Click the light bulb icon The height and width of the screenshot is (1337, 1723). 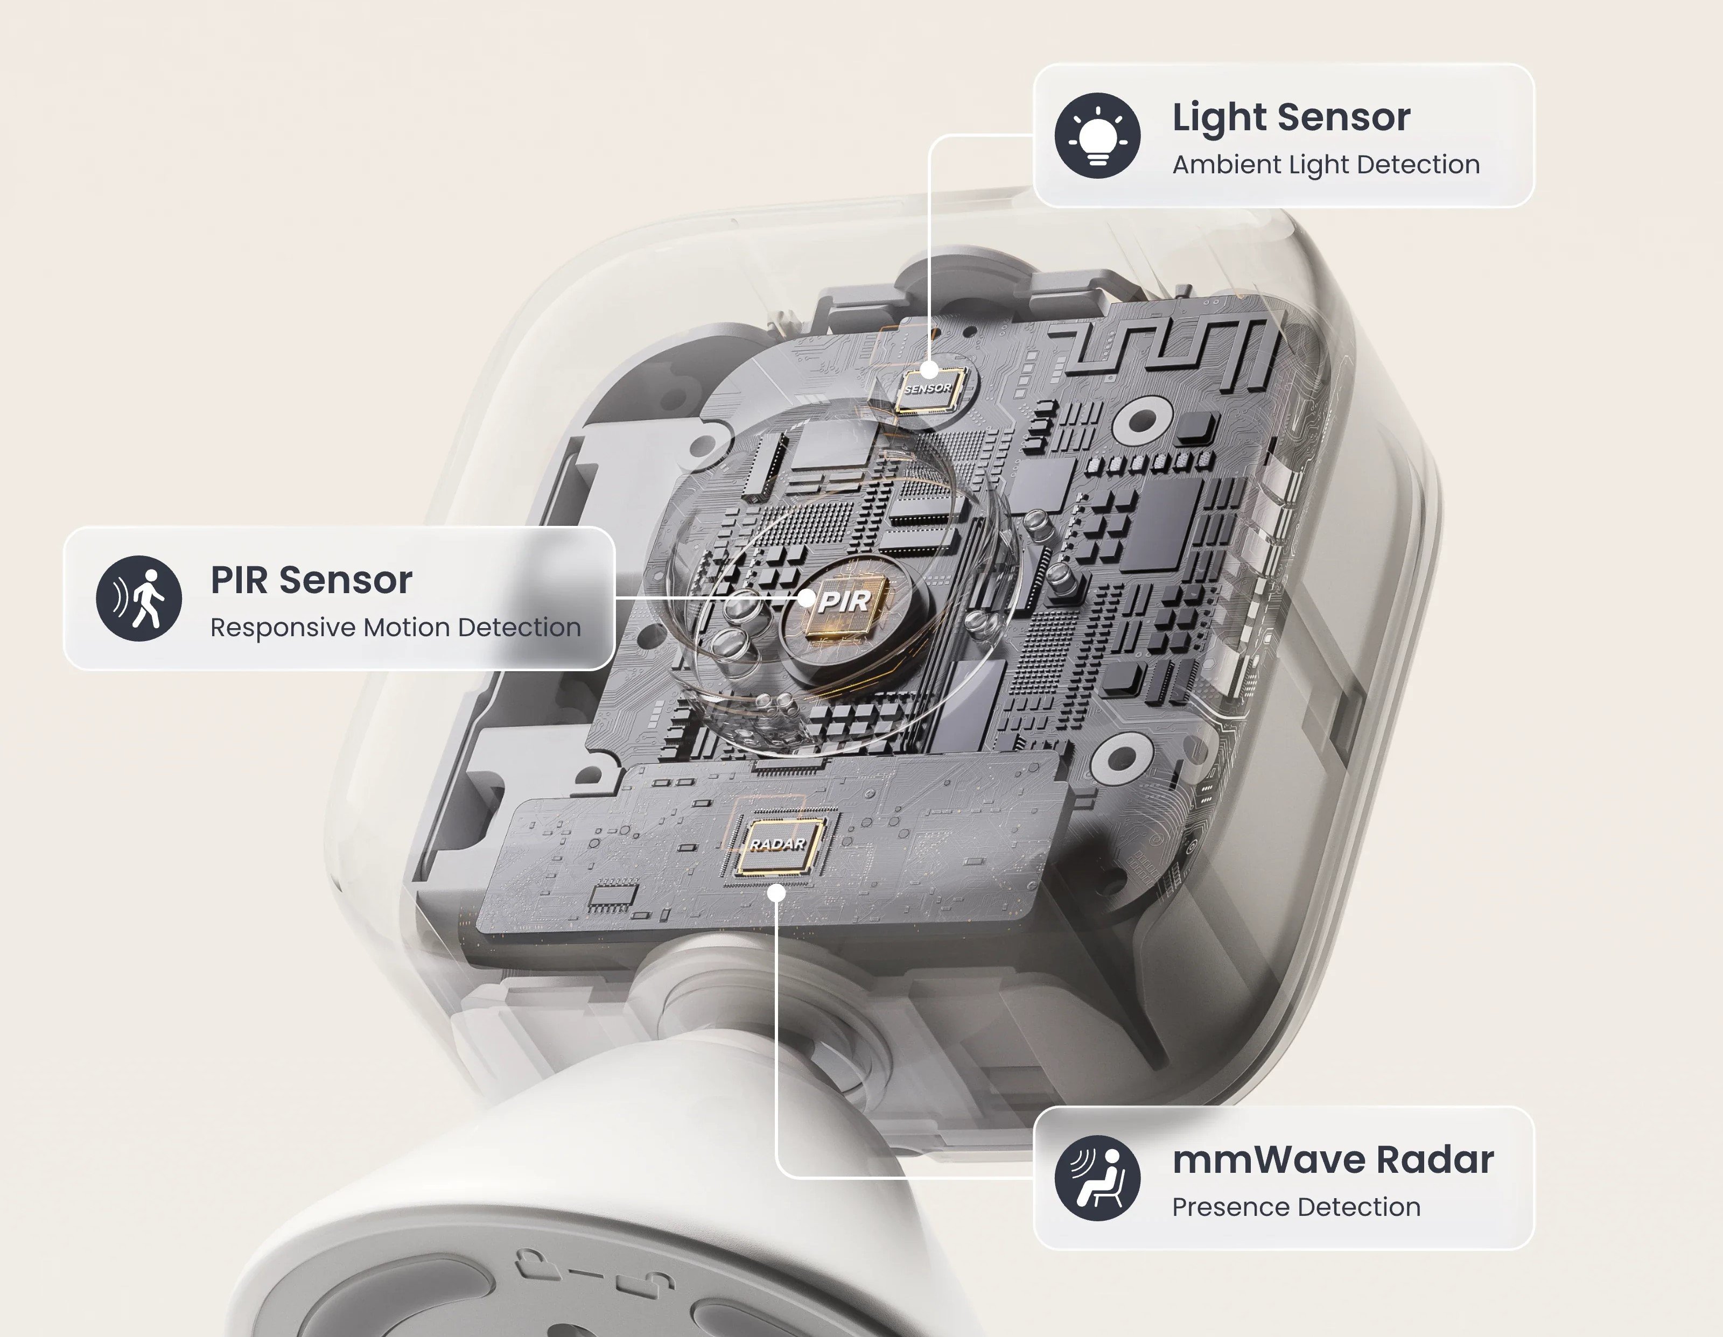[1097, 136]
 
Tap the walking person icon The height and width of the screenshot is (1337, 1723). [139, 599]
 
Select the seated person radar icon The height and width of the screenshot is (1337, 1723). [1097, 1178]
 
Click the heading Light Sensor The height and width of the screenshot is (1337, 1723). [1291, 117]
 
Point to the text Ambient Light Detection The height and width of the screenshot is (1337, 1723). [1326, 165]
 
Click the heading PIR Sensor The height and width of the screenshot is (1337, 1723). [311, 581]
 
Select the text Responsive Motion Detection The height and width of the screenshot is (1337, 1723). [395, 628]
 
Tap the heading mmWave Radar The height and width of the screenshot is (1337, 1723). [1333, 1159]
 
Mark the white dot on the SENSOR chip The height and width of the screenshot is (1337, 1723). [929, 369]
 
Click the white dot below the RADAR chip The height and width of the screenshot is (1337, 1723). [777, 893]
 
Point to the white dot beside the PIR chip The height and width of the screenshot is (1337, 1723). [806, 598]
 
